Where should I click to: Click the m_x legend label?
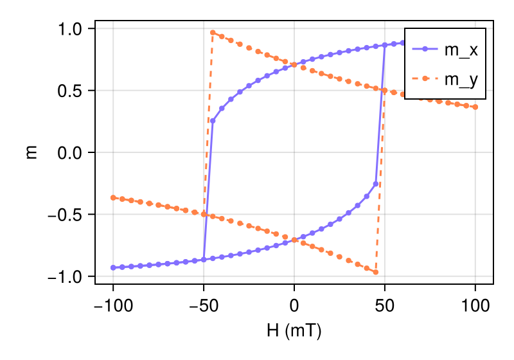[x=461, y=50]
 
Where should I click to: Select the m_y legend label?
[x=461, y=80]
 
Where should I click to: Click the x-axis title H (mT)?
[x=294, y=331]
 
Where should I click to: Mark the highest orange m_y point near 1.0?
[x=213, y=32]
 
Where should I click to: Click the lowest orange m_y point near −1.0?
[x=376, y=273]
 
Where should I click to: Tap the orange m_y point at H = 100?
[x=475, y=107]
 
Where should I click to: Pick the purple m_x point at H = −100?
[x=113, y=267]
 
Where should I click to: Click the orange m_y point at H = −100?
[x=113, y=197]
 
